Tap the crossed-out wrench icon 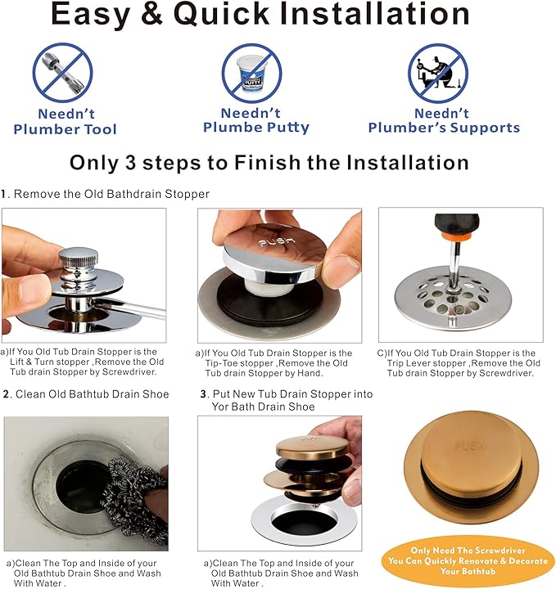[x=62, y=73]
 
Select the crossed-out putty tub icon [x=251, y=74]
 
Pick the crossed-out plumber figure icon [x=438, y=74]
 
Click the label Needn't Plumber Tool [x=65, y=121]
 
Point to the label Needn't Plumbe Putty [x=256, y=120]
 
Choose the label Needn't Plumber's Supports [x=444, y=120]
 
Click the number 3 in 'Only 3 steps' [x=130, y=163]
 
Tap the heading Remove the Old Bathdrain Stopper [x=111, y=194]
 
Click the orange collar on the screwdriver [x=457, y=236]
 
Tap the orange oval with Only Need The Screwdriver [x=468, y=561]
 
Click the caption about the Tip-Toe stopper [x=273, y=363]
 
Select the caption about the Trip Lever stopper [x=459, y=363]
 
